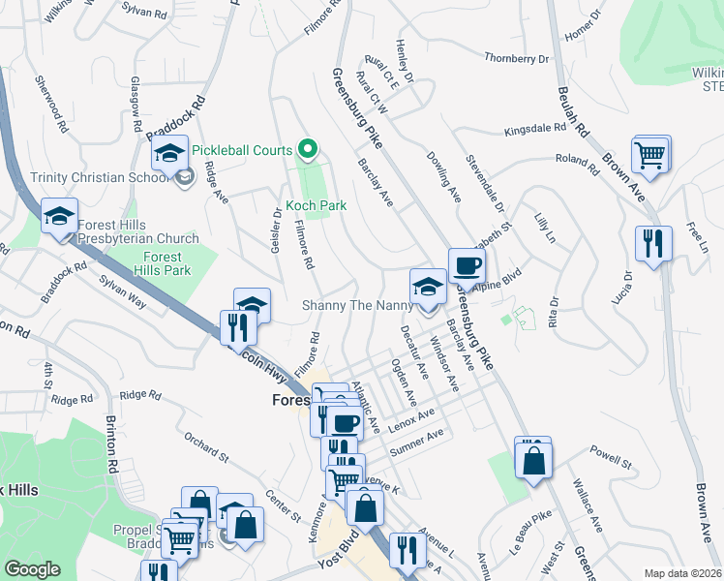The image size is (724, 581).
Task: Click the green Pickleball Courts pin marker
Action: coord(308,150)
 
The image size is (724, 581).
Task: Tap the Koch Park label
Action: coord(316,206)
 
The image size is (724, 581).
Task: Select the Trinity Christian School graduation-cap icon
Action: coord(169,155)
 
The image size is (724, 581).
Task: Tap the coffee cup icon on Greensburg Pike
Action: coord(467,265)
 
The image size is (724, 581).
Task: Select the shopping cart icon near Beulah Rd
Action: coord(650,153)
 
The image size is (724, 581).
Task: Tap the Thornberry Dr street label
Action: coord(516,59)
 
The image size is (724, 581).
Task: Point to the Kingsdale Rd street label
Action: coord(534,128)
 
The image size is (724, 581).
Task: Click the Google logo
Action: coord(32,569)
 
